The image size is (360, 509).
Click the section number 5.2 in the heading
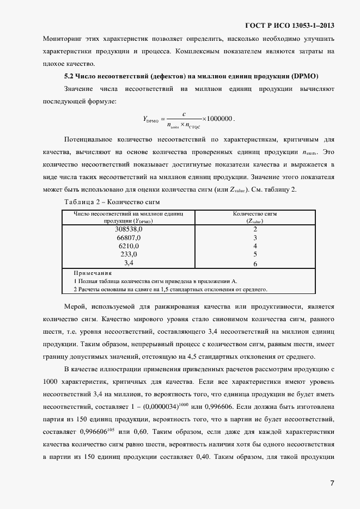pyautogui.click(x=69, y=76)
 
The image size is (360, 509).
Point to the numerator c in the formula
pyautogui.click(x=184, y=114)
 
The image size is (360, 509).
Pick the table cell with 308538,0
pyautogui.click(x=129, y=229)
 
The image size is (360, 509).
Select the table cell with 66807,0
pyautogui.click(x=129, y=238)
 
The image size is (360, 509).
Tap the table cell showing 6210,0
pyautogui.click(x=129, y=246)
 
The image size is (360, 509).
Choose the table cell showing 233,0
pyautogui.click(x=129, y=254)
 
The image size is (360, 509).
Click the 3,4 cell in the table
pyautogui.click(x=129, y=263)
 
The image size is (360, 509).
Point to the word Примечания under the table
pyautogui.click(x=93, y=273)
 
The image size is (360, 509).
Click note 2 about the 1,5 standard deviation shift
pyautogui.click(x=170, y=289)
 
